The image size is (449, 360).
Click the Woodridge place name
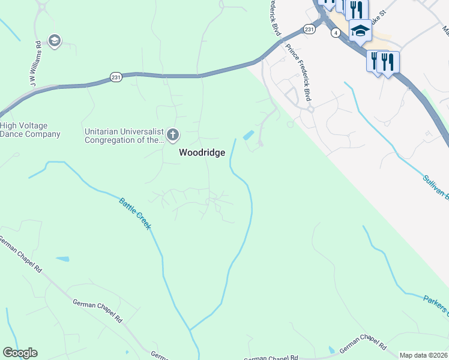coord(202,152)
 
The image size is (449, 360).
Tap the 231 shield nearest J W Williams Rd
coord(116,76)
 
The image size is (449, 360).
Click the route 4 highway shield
coord(334,34)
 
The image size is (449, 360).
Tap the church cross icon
coord(173,134)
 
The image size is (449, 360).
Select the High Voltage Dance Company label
coord(30,130)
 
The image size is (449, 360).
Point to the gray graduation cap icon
coord(55,41)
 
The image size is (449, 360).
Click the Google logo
coord(20,353)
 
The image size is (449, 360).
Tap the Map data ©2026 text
coord(423,355)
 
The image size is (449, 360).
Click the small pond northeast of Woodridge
coord(248,135)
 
